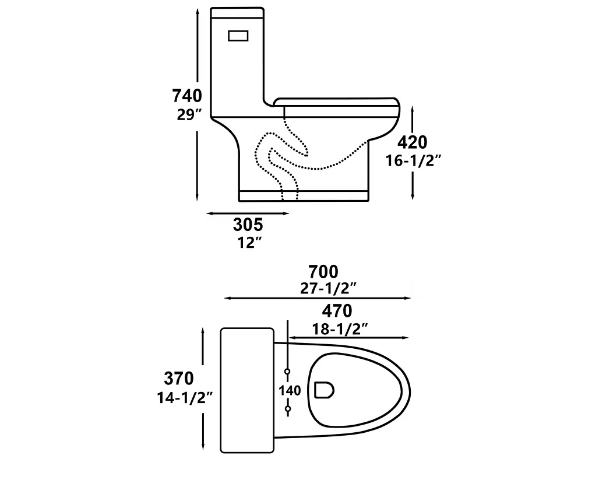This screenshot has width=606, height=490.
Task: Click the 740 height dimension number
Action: (x=186, y=95)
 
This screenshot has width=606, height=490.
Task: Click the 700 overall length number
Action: (x=323, y=271)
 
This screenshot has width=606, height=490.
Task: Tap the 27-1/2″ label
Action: (x=324, y=287)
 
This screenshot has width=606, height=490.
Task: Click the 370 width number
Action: (x=178, y=379)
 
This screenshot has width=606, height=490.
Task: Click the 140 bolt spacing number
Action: (x=290, y=390)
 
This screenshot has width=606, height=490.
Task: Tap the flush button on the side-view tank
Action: (x=238, y=36)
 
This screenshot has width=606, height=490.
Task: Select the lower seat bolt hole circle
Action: (x=288, y=409)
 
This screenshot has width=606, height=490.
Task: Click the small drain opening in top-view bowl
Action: (x=323, y=390)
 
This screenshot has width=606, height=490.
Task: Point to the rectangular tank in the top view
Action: (x=248, y=390)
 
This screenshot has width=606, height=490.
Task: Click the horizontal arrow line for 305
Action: (x=248, y=213)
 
